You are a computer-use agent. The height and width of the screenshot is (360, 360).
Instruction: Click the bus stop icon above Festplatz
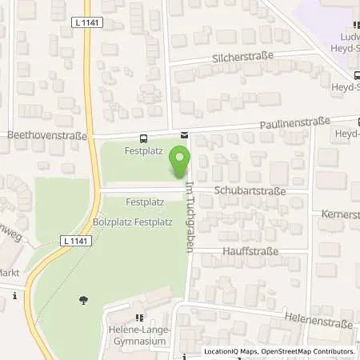(x=143, y=138)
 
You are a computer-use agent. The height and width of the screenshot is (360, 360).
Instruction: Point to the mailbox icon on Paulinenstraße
(x=184, y=135)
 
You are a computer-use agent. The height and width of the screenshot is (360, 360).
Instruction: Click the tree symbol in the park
(x=83, y=300)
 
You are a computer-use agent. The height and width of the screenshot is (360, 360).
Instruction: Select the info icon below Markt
(x=15, y=297)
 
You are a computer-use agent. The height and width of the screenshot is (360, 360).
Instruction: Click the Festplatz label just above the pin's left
(x=138, y=149)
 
